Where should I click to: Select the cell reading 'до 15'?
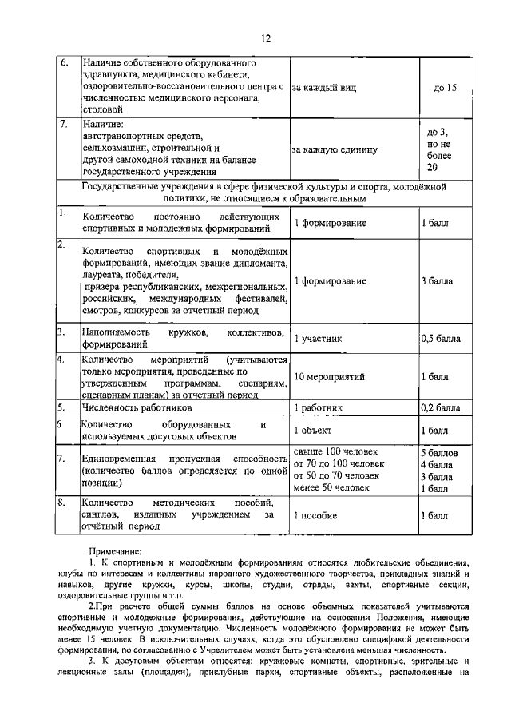[x=445, y=88]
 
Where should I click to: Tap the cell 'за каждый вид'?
[x=323, y=88]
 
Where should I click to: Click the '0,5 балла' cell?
[x=440, y=338]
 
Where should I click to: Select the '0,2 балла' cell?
[x=440, y=408]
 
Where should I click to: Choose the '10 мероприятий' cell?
[x=330, y=375]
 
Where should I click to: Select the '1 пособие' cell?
[x=317, y=516]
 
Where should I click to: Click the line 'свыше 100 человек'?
[x=335, y=452]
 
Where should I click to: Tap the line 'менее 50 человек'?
[x=331, y=488]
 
